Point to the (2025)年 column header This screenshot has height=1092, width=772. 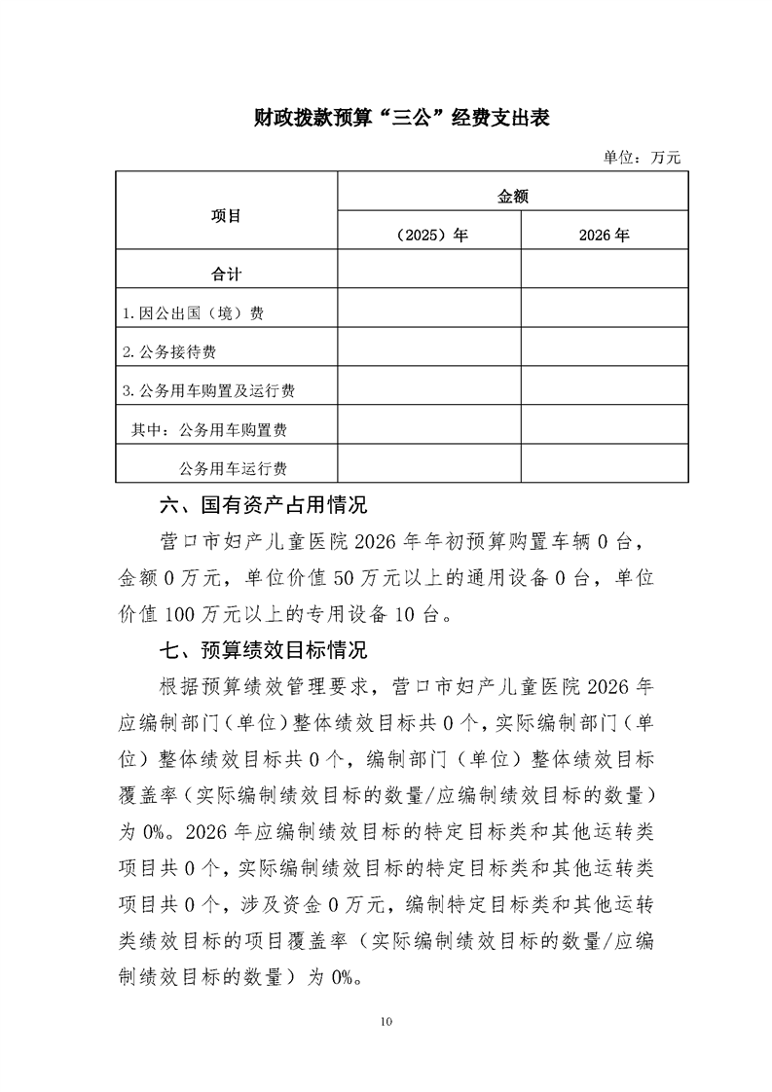[428, 235]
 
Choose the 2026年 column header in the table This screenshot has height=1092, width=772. [604, 235]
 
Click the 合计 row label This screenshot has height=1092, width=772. [226, 274]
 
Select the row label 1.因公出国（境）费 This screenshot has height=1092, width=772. [194, 314]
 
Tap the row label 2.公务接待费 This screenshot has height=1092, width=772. [176, 351]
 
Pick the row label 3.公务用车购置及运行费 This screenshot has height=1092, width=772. [209, 390]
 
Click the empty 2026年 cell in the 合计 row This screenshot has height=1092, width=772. [604, 270]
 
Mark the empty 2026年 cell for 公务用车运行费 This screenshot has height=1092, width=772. [604, 463]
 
